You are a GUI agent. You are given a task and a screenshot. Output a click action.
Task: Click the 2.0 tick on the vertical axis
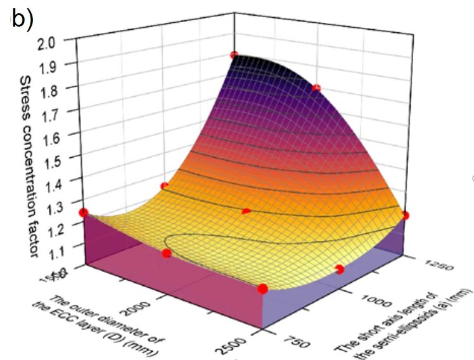(x=63, y=42)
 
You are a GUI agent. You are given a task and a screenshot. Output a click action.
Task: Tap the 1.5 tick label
(x=63, y=158)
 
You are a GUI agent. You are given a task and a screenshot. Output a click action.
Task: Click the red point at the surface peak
(x=234, y=55)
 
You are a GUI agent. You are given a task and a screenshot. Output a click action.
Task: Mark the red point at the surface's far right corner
(x=406, y=215)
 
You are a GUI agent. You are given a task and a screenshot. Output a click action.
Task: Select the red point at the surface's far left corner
(x=82, y=212)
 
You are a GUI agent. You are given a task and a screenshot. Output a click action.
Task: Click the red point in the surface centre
(x=247, y=211)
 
